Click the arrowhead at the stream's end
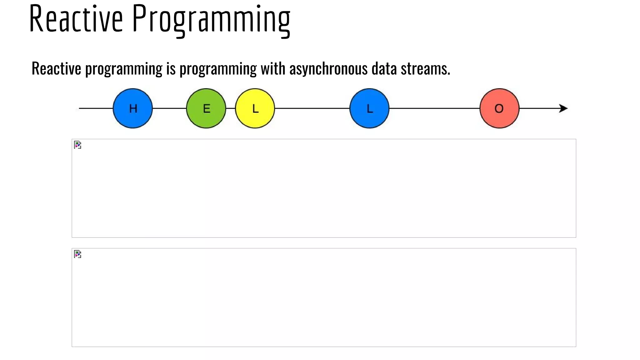point(563,108)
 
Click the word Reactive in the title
point(76,19)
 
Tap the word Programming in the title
point(211,19)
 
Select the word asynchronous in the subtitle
point(328,68)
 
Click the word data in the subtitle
point(384,68)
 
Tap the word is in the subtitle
point(171,68)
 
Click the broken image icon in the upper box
point(77,145)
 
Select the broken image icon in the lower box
point(77,254)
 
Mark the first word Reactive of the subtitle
point(56,68)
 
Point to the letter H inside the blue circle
point(133,109)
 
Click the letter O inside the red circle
point(499,109)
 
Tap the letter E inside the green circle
point(207,109)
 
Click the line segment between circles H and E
point(169,108)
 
